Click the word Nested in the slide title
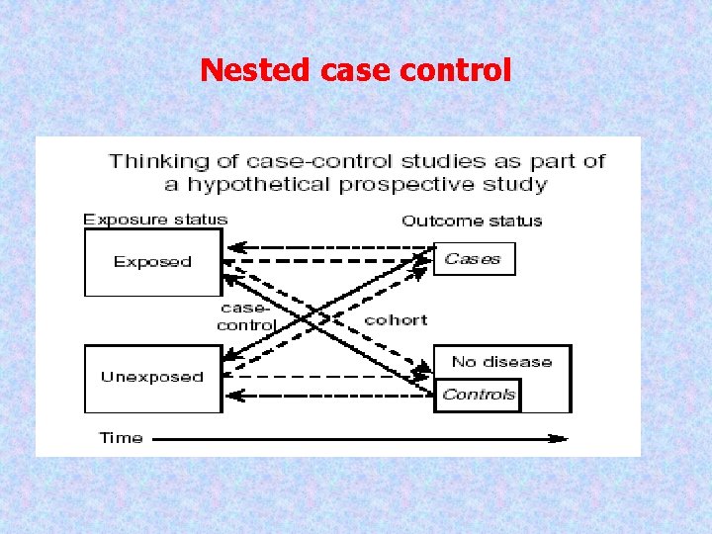tap(243, 70)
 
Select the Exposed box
tap(152, 262)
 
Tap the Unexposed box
tap(152, 378)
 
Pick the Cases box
tap(474, 259)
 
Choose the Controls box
tap(479, 395)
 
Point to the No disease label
tap(501, 362)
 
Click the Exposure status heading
tap(155, 220)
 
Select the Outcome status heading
tap(472, 221)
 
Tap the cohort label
tap(396, 319)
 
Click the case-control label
tap(245, 317)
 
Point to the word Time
tap(121, 438)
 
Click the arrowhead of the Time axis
tap(561, 438)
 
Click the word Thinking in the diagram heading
tap(148, 161)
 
